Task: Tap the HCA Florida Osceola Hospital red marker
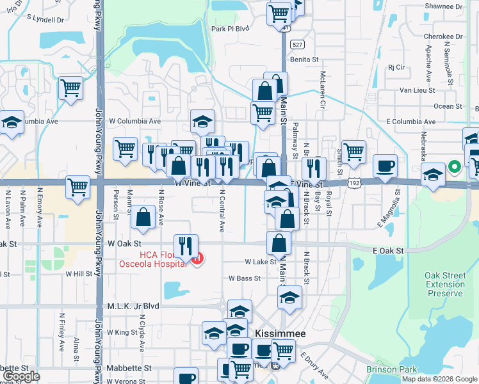click(198, 260)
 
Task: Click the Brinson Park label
click(391, 369)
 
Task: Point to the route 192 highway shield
click(354, 183)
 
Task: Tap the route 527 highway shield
click(296, 44)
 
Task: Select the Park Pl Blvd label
click(230, 29)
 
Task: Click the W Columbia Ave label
click(134, 121)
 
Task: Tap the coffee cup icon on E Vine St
click(385, 166)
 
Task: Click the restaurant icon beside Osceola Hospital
click(186, 246)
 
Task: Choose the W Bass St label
click(245, 278)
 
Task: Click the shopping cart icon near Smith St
click(353, 152)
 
